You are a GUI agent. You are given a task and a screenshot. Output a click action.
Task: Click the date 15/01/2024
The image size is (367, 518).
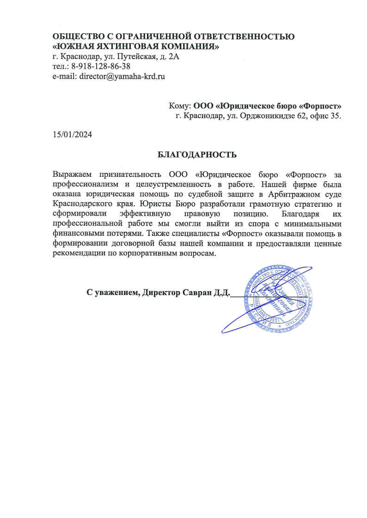pyautogui.click(x=72, y=135)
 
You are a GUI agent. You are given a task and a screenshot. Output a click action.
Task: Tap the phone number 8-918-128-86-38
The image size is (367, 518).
pyautogui.click(x=101, y=66)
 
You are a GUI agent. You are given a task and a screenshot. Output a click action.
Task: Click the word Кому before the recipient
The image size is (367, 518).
pyautogui.click(x=180, y=106)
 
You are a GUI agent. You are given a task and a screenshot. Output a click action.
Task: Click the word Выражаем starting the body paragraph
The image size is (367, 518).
pyautogui.click(x=72, y=175)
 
